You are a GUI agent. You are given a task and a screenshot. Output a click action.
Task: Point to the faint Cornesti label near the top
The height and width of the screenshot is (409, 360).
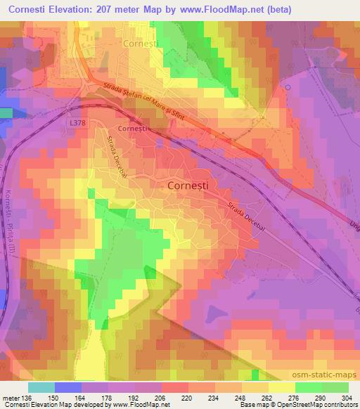[141, 44]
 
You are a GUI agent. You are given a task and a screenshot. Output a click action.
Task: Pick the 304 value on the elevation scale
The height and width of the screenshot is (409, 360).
[347, 398]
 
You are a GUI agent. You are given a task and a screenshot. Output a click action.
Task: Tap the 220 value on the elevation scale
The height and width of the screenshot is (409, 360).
[187, 398]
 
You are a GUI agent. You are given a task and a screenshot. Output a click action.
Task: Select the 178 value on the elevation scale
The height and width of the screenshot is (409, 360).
[107, 398]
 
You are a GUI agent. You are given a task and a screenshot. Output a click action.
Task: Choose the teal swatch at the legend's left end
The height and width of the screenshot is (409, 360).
[41, 387]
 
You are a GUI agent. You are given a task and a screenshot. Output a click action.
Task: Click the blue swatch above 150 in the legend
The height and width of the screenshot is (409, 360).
[67, 387]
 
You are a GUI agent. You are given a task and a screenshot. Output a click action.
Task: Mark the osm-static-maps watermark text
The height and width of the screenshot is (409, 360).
[324, 377]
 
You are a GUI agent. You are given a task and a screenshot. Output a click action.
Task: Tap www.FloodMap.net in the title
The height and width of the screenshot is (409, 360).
[220, 10]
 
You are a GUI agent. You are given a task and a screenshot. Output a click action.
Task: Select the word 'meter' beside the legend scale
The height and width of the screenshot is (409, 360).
[11, 398]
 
